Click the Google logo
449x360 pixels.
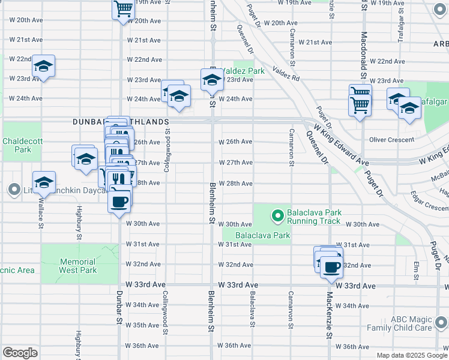20,352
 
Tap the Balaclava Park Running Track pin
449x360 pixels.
277,214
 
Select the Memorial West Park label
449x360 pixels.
78,266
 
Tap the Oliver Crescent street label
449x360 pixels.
392,140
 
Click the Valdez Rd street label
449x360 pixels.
286,74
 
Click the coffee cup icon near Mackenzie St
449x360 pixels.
330,266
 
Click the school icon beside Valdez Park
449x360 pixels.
211,79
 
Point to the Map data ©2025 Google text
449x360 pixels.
412,355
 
